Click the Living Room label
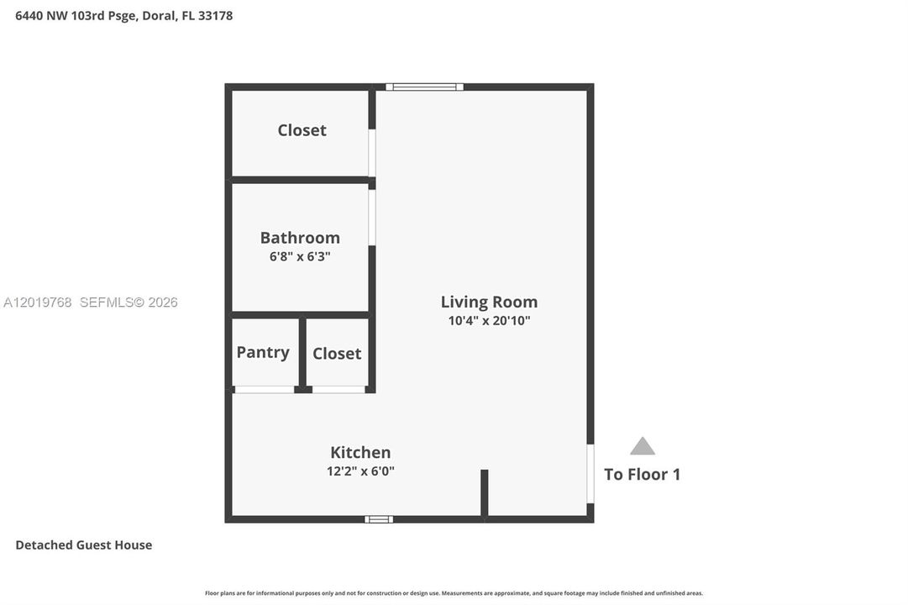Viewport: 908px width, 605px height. (x=490, y=302)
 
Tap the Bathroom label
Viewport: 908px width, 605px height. (x=300, y=238)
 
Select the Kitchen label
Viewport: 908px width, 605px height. (x=360, y=452)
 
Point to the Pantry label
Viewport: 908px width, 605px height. (x=263, y=352)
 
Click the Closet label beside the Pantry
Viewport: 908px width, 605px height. (x=337, y=354)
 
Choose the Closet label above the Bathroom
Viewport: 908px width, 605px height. (x=302, y=130)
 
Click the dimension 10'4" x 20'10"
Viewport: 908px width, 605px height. (x=490, y=320)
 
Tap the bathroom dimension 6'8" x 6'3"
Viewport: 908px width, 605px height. (x=300, y=256)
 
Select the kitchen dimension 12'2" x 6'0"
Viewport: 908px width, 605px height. (x=360, y=471)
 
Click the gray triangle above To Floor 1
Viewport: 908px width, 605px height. (x=643, y=446)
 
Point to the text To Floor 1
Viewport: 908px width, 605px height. (x=643, y=475)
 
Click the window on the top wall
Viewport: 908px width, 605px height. (x=424, y=87)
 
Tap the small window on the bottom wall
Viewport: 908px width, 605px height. (x=379, y=519)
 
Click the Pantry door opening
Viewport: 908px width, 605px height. (x=265, y=390)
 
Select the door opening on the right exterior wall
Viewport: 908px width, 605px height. (x=590, y=474)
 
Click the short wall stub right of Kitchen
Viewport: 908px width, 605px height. (x=484, y=492)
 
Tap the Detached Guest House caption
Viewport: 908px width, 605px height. (x=84, y=544)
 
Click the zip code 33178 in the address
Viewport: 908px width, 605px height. (x=215, y=16)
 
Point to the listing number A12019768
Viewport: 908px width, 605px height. (x=38, y=302)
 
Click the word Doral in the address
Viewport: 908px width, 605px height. (x=159, y=16)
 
